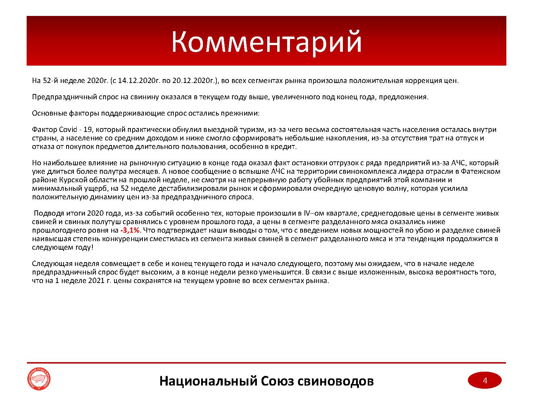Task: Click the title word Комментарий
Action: click(266, 42)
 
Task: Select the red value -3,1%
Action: click(130, 231)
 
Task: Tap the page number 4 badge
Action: click(484, 381)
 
